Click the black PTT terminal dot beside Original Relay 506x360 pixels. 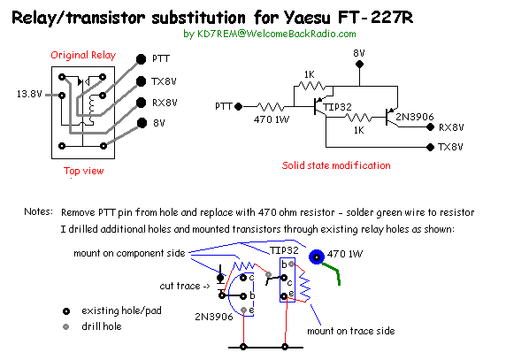click(x=141, y=59)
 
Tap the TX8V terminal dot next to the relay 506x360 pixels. click(x=141, y=81)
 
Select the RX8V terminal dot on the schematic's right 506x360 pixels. click(x=430, y=127)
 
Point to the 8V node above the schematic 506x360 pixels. click(x=359, y=65)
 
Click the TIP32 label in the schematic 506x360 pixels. click(x=337, y=107)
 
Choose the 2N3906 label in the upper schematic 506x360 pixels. click(x=415, y=117)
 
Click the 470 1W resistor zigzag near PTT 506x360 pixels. click(x=271, y=106)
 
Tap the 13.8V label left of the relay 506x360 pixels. click(x=29, y=94)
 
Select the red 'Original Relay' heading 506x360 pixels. click(x=83, y=55)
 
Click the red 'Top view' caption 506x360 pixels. click(x=83, y=171)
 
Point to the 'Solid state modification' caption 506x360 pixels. click(x=336, y=165)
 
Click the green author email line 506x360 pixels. click(x=270, y=34)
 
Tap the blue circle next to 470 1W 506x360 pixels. click(x=317, y=257)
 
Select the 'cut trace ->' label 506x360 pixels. click(x=185, y=286)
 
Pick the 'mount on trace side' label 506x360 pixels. click(x=351, y=331)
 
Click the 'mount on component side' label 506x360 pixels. click(x=129, y=253)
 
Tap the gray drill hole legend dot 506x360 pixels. click(x=66, y=326)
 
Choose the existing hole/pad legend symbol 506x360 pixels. click(x=66, y=311)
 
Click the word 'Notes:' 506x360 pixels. click(x=38, y=211)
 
